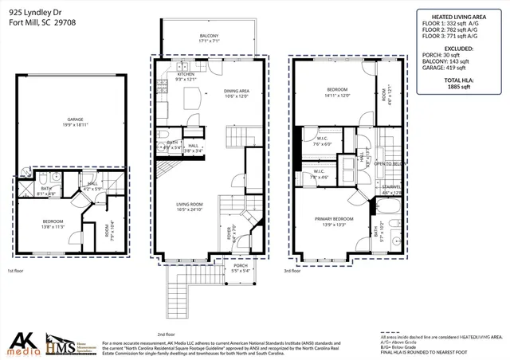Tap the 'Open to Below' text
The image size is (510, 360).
click(x=390, y=162)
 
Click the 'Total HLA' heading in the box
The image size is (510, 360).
click(x=457, y=81)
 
